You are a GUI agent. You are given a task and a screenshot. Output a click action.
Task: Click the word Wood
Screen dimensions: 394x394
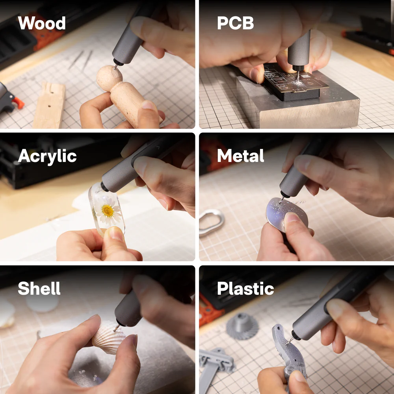coord(42,24)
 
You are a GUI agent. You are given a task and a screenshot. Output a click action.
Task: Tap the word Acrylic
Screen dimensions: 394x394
coord(47,157)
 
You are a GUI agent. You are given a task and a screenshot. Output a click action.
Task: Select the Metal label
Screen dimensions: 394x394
coord(241,156)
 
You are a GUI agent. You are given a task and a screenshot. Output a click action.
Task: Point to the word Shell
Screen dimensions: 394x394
coord(39,289)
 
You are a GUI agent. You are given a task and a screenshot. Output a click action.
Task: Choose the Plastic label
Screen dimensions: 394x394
coord(245,289)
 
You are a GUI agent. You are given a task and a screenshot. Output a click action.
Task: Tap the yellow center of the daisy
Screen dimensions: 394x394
coord(107,211)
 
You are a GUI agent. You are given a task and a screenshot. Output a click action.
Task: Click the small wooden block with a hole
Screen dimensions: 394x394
coord(50,106)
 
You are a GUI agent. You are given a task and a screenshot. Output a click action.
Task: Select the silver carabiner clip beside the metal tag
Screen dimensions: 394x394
coord(211,222)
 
